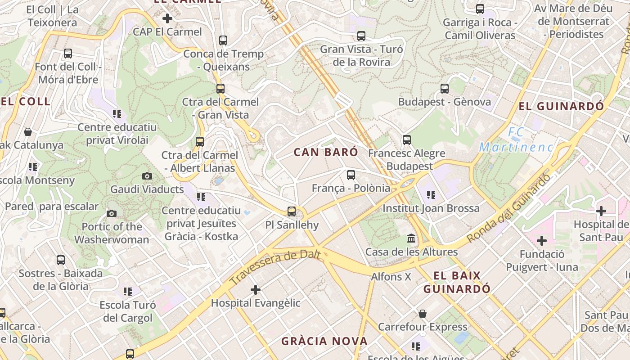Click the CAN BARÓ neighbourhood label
coord(326,152)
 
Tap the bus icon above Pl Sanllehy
coord(292,211)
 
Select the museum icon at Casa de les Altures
coord(411,238)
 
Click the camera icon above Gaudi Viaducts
coord(147,176)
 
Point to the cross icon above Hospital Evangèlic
coord(256,290)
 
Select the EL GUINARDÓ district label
coord(561,107)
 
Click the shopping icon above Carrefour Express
coord(422,314)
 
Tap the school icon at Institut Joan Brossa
coord(431,195)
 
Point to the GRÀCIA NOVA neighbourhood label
coord(324,341)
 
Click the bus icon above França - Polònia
coord(351,175)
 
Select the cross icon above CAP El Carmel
coord(167,18)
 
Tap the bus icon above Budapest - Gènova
coord(445,88)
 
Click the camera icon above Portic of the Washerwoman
coord(112,213)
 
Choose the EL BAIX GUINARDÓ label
coord(457,282)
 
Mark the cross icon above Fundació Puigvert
coord(542,241)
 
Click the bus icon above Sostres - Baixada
coord(61,260)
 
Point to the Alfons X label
coord(391,277)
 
